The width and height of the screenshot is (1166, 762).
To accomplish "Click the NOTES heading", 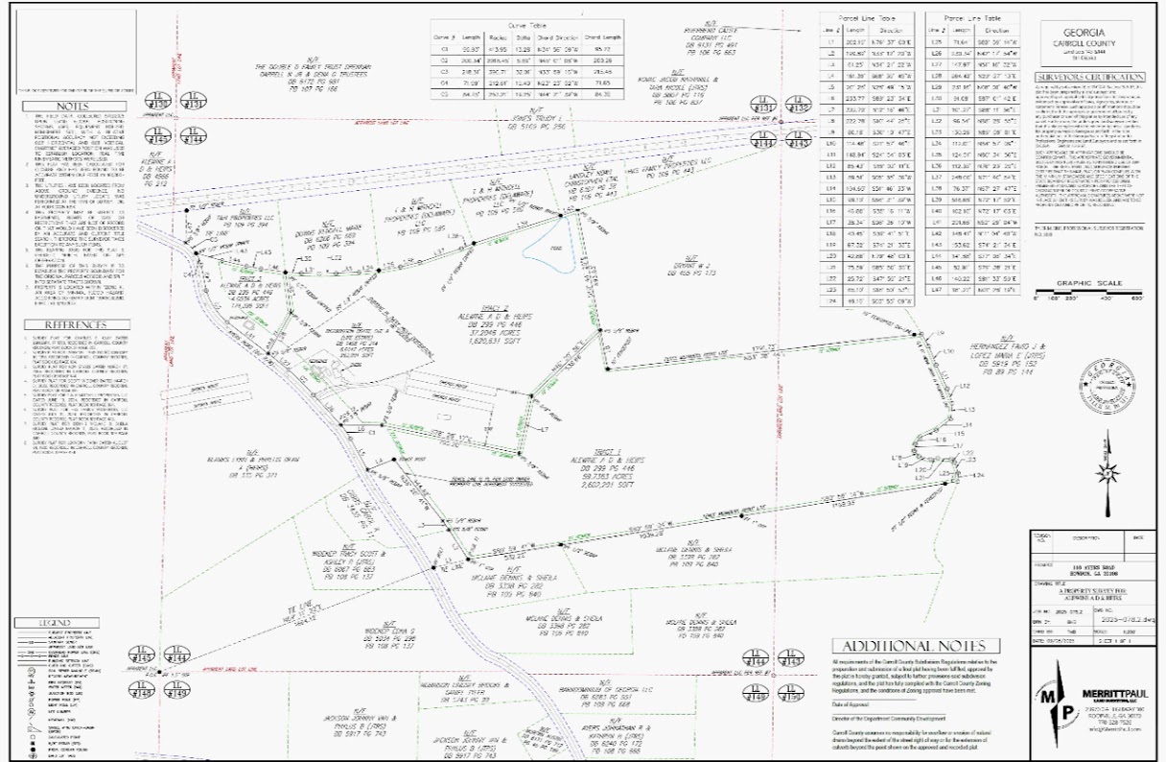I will click(45, 107).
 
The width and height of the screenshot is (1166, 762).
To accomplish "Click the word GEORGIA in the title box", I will click(1094, 29).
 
